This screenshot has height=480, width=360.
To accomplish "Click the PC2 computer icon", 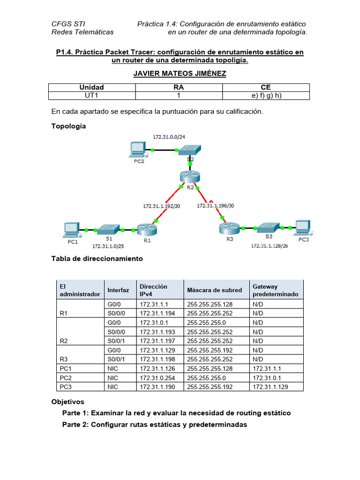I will (137, 150).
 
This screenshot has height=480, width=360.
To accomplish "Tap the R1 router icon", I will (147, 229).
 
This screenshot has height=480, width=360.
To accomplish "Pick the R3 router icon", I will (229, 229).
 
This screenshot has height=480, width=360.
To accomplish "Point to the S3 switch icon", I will (268, 228).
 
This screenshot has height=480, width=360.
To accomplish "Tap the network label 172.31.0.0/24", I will (169, 137).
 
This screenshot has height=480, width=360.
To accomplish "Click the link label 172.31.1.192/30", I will (161, 205).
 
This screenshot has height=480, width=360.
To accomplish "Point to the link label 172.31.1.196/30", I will (216, 205).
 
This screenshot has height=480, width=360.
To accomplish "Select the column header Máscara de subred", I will (215, 290).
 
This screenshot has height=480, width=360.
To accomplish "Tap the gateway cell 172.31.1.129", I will (270, 387).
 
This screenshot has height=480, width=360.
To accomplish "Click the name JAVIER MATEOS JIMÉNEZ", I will (180, 74).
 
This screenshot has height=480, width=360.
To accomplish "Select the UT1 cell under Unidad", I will (91, 95).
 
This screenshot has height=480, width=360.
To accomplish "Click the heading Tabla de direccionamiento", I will (97, 259).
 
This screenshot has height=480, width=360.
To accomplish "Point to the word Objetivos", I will (67, 402).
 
